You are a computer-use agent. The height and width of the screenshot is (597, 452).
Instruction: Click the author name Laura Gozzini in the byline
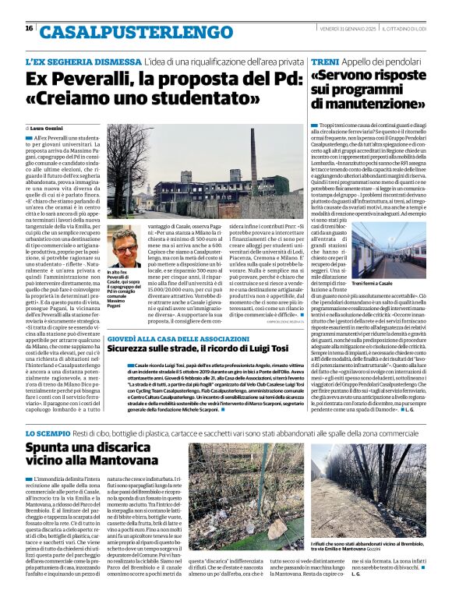[48, 127]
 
